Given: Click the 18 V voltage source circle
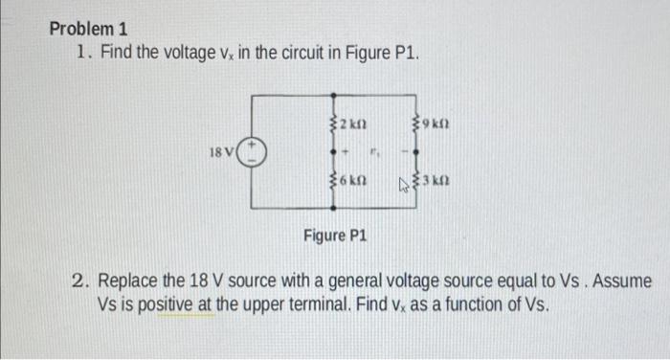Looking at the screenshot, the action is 252,151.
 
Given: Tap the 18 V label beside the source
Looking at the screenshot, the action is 221,151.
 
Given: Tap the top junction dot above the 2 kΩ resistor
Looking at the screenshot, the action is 333,97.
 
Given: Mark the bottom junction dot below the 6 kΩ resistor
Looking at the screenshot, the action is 333,207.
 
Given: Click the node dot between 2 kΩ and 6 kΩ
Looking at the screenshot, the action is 333,151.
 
